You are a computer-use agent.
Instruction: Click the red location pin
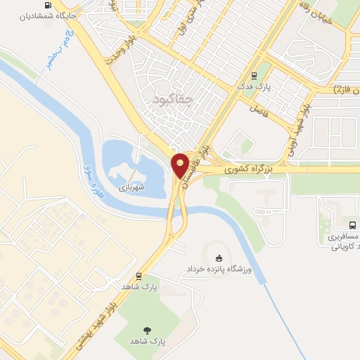(181, 165)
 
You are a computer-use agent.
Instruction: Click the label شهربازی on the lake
(131, 188)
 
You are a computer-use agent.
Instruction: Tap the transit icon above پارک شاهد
(139, 276)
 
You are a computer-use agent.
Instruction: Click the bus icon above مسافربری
(352, 226)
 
